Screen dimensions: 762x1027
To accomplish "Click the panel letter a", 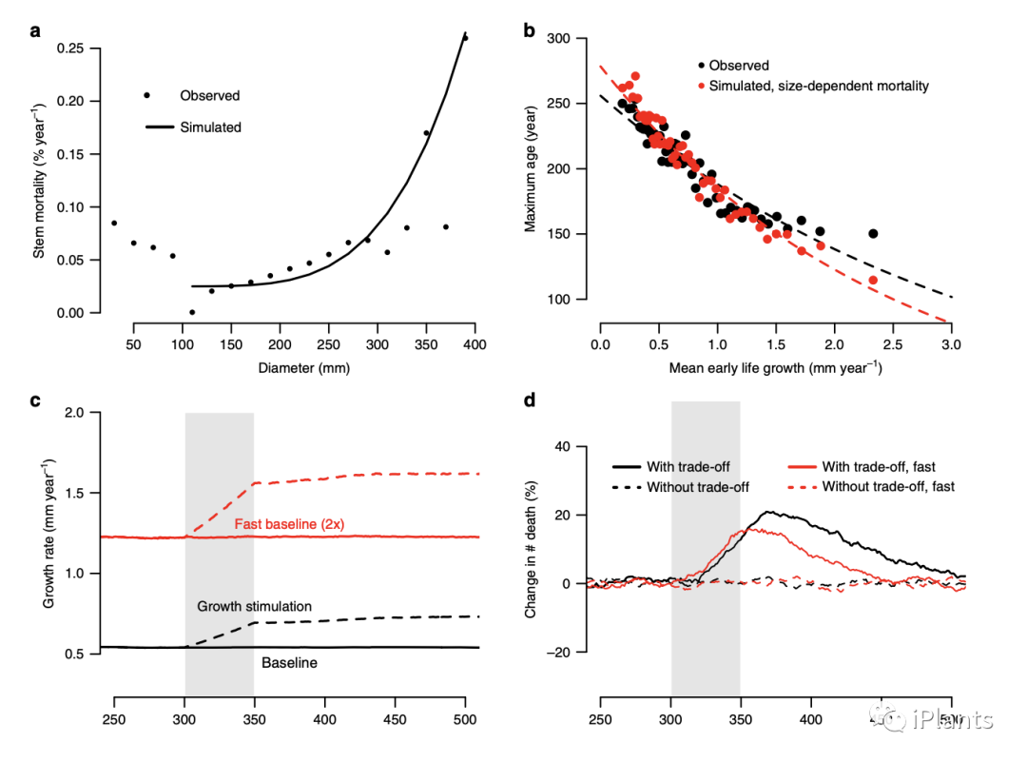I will pyautogui.click(x=35, y=30).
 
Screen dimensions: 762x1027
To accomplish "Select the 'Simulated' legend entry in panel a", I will pyautogui.click(x=210, y=127).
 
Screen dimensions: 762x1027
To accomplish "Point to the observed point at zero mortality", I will pyautogui.click(x=192, y=312).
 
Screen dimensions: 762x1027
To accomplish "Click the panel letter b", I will pyautogui.click(x=530, y=30).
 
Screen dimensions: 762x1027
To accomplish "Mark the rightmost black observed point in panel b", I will pyautogui.click(x=872, y=234).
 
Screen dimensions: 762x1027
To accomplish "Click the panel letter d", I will pyautogui.click(x=530, y=400).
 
